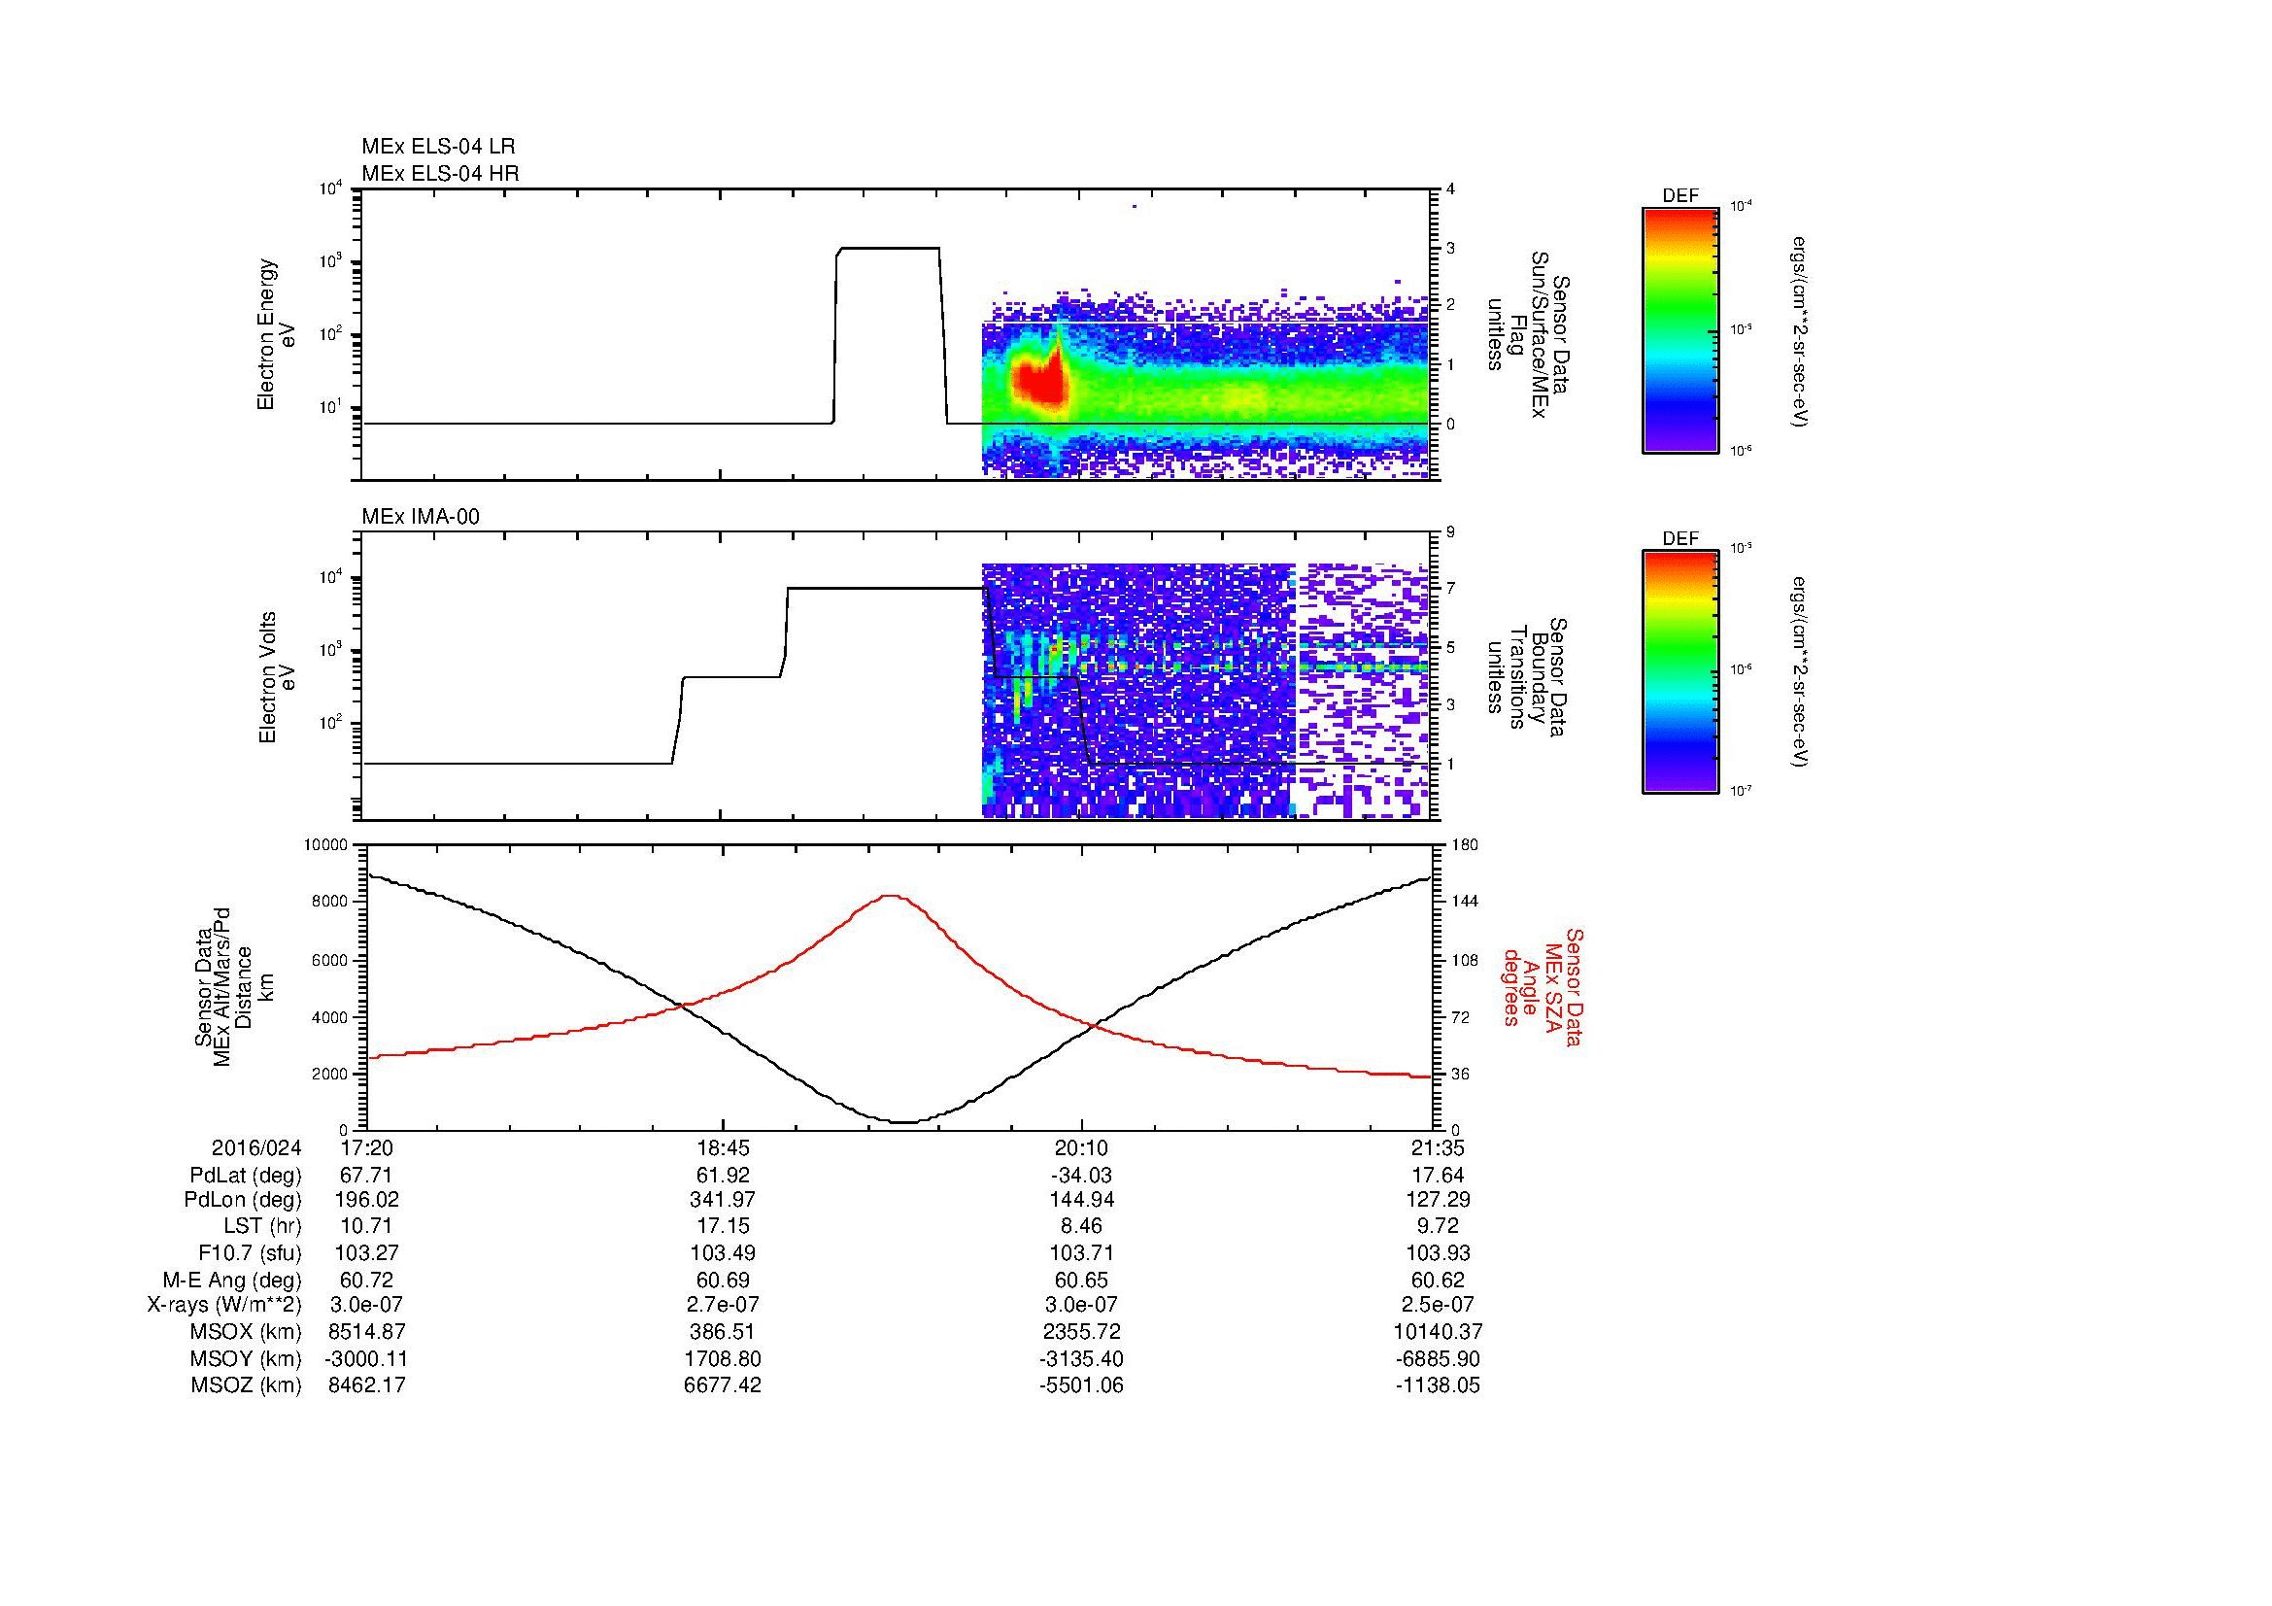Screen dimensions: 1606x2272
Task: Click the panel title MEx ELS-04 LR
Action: click(437, 147)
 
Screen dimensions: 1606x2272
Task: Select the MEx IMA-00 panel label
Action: click(421, 517)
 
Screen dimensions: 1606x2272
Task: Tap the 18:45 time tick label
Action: click(724, 1148)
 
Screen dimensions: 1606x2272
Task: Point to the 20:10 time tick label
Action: click(1081, 1148)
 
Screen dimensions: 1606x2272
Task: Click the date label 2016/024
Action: click(256, 1148)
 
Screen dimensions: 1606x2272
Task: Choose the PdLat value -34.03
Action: click(1081, 1176)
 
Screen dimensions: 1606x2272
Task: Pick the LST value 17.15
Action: click(724, 1227)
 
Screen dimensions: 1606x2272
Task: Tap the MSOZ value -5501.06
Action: click(1081, 1385)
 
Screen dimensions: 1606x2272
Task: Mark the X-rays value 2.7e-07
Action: click(724, 1305)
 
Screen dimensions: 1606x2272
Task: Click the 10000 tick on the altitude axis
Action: click(325, 845)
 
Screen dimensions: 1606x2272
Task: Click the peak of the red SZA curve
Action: click(891, 896)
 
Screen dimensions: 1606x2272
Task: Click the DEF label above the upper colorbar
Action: click(1679, 196)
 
